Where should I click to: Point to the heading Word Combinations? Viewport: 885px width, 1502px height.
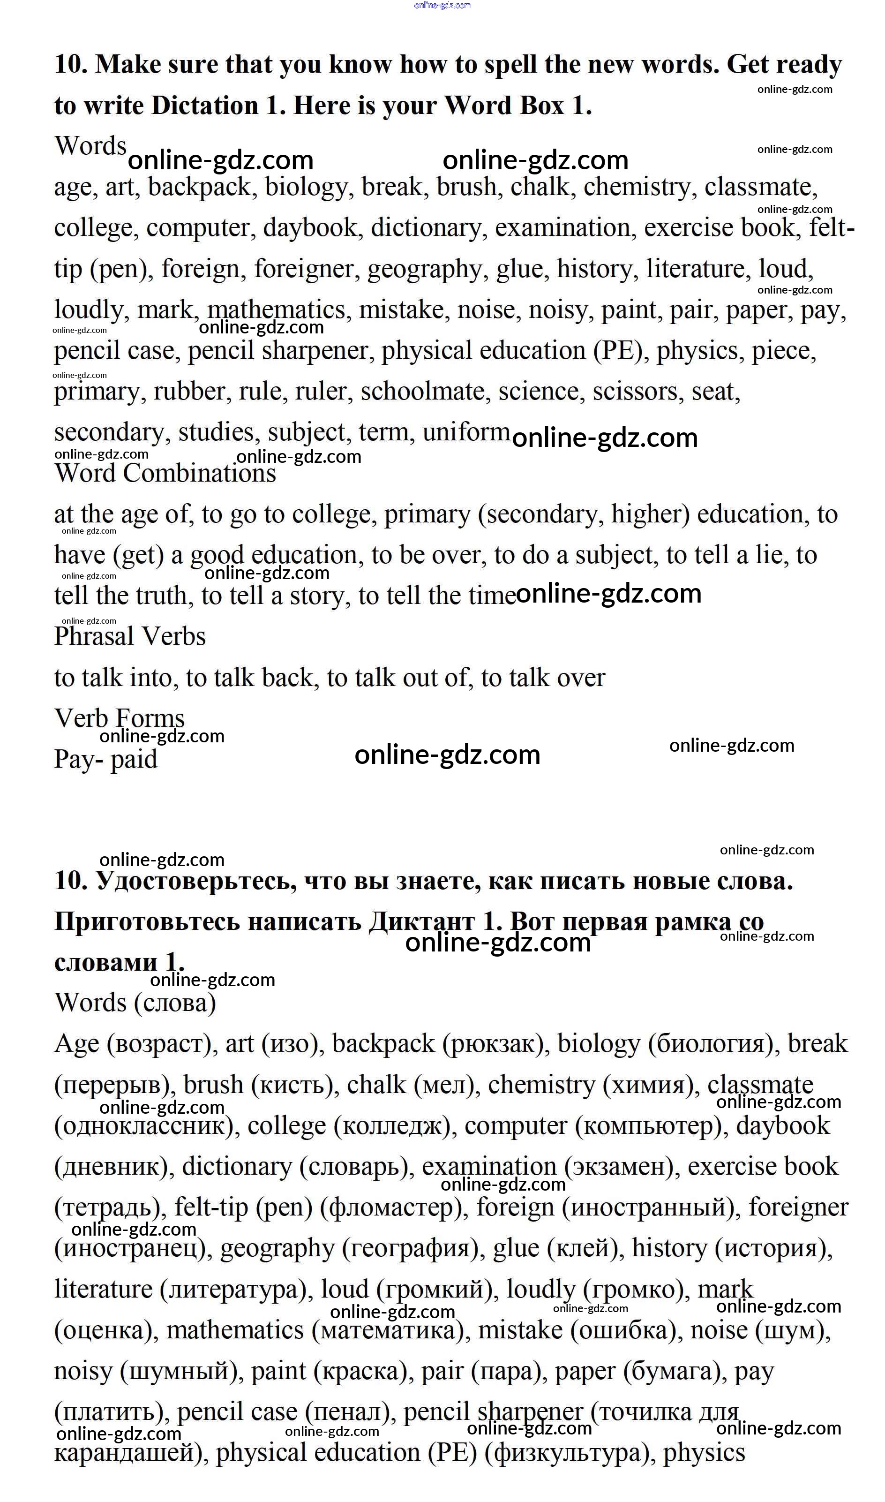coord(165,473)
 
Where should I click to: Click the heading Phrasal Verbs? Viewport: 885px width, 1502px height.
coord(130,636)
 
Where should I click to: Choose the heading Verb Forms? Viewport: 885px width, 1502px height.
coord(119,718)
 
